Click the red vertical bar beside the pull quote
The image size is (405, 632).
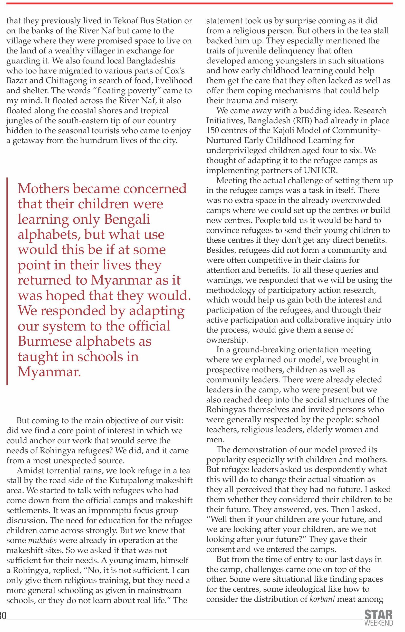(x=7, y=281)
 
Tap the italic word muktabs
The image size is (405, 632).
(x=40, y=541)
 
